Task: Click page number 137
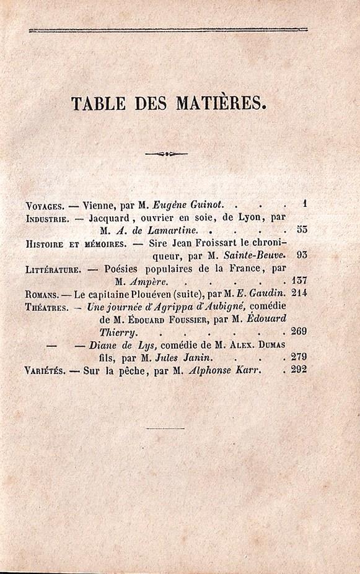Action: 298,281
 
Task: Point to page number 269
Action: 298,331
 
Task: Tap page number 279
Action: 298,357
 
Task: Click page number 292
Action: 298,370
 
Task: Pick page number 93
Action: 301,254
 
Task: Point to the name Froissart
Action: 208,243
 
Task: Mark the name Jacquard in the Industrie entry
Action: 111,219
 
